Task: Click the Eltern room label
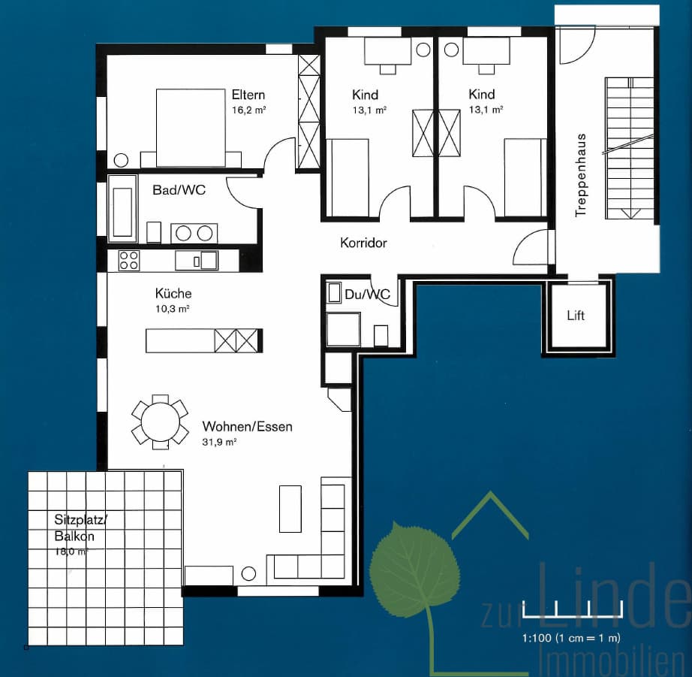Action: coord(248,95)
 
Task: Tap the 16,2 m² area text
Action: coord(248,110)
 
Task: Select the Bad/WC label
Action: coord(179,190)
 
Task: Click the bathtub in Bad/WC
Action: coord(122,209)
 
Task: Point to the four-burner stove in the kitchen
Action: coord(129,260)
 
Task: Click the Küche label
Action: coord(173,294)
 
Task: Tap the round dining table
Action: coord(160,422)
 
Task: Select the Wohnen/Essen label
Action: coord(247,427)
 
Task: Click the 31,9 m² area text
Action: coord(219,442)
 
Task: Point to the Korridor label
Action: coord(363,243)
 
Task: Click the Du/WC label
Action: coord(367,295)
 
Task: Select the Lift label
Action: coord(576,316)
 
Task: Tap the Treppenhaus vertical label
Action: coord(581,175)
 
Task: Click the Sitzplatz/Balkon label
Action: coord(80,527)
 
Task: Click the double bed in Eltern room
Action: coord(191,128)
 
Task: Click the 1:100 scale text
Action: coord(571,638)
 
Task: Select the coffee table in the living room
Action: coord(290,509)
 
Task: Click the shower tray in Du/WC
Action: coord(343,329)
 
